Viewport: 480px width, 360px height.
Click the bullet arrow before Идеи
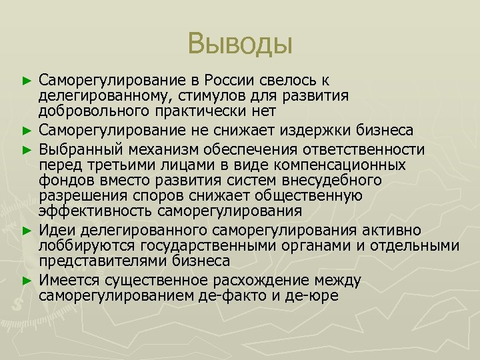point(27,231)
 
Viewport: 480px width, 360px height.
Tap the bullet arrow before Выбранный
point(27,147)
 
